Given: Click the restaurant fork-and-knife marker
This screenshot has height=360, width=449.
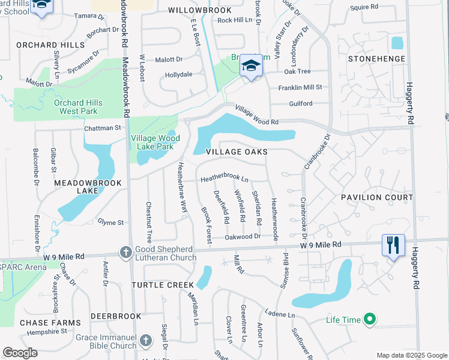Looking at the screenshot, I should tap(393, 245).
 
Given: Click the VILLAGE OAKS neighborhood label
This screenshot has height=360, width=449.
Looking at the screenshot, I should tap(237, 152).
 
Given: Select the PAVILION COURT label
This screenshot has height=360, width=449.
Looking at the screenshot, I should tap(377, 197).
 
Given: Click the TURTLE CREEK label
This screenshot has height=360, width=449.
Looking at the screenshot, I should tap(163, 284).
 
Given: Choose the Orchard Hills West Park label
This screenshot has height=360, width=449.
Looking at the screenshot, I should tap(78, 107).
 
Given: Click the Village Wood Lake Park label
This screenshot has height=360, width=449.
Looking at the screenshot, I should tap(152, 142).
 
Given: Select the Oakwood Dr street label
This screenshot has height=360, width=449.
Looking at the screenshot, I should tap(243, 236).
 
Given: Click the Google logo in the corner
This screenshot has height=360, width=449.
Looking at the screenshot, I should tap(20, 353).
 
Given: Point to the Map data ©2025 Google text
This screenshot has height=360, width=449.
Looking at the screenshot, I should tap(411, 355).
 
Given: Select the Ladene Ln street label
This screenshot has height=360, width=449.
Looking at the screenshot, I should tap(280, 314).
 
